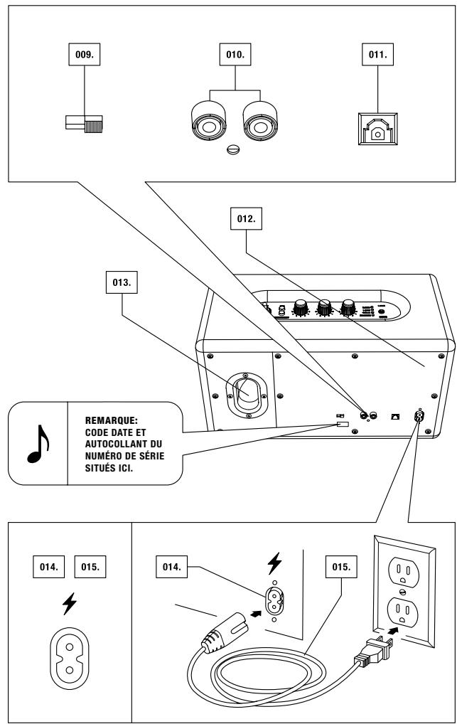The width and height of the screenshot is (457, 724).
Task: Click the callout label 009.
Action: pos(85,55)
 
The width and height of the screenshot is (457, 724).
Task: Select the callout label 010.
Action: pos(235,55)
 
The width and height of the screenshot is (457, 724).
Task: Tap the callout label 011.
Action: pos(377,55)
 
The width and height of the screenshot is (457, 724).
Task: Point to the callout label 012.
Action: pos(246,218)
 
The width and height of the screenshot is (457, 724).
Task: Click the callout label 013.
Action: pos(122,282)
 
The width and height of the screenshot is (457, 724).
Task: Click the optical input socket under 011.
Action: pos(377,129)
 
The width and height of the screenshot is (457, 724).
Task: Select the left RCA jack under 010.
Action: pos(209,120)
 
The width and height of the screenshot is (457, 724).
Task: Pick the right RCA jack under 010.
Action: pos(260,120)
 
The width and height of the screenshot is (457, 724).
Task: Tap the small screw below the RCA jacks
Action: pos(234,149)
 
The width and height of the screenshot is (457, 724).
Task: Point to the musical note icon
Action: pos(38,443)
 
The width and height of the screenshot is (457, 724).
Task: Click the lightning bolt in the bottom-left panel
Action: pos(70,604)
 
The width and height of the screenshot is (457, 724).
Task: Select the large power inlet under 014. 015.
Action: pos(70,658)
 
